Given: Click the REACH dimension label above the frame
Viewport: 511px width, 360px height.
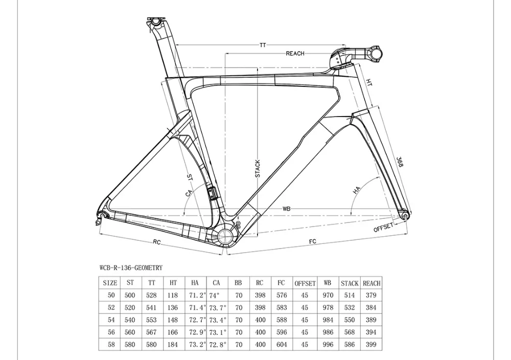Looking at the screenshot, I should coord(295,54).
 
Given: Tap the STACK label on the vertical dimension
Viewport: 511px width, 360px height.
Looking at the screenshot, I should coord(258,168).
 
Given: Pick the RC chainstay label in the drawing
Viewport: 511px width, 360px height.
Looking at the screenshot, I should coord(157,242).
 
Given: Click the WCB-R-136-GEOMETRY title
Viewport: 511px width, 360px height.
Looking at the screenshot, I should coord(131,267).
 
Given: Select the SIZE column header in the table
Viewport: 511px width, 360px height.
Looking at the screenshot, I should coord(110,283).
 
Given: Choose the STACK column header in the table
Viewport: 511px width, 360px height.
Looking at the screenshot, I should coord(350,283).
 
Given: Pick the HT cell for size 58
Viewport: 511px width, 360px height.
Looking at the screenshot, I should coord(173,344).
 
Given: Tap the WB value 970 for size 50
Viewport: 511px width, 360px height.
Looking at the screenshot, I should coord(328,295).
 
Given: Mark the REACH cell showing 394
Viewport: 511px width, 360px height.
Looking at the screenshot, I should coord(371,332).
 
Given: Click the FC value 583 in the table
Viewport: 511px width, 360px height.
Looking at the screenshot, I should coord(282,307).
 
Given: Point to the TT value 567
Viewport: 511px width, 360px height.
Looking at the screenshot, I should coord(152,332).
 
